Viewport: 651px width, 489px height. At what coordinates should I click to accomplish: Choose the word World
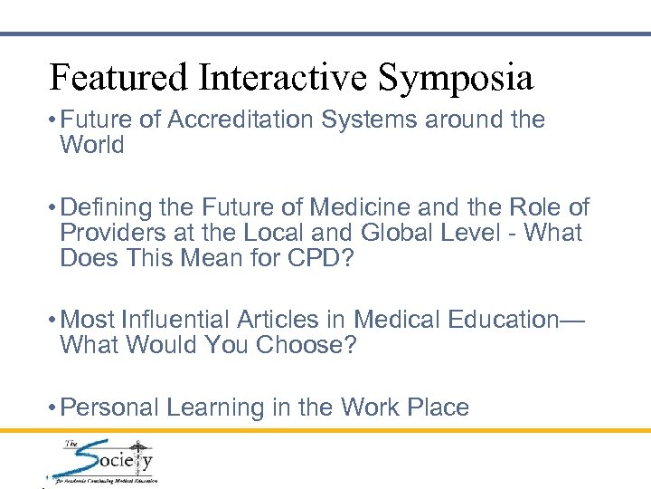93,145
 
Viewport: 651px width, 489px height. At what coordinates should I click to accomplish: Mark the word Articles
303,321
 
